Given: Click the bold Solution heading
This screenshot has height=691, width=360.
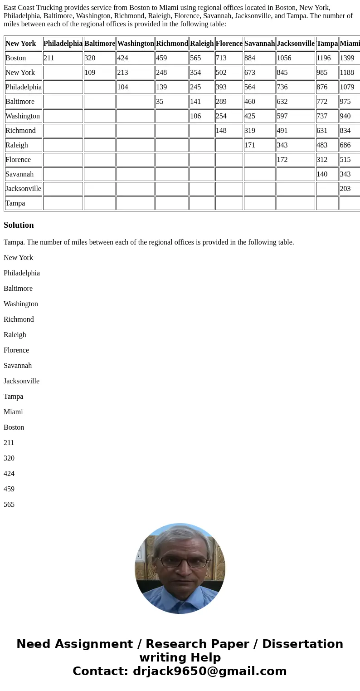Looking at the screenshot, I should [x=19, y=225].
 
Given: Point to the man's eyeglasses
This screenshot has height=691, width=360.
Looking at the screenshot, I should [x=180, y=562].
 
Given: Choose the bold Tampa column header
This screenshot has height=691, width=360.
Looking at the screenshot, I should [x=327, y=44].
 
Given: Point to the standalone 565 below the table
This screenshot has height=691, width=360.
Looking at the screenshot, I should [x=9, y=505].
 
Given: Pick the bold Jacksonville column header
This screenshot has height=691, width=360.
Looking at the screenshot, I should [x=296, y=44].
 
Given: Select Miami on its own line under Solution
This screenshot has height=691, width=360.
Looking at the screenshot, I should [x=13, y=412].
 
